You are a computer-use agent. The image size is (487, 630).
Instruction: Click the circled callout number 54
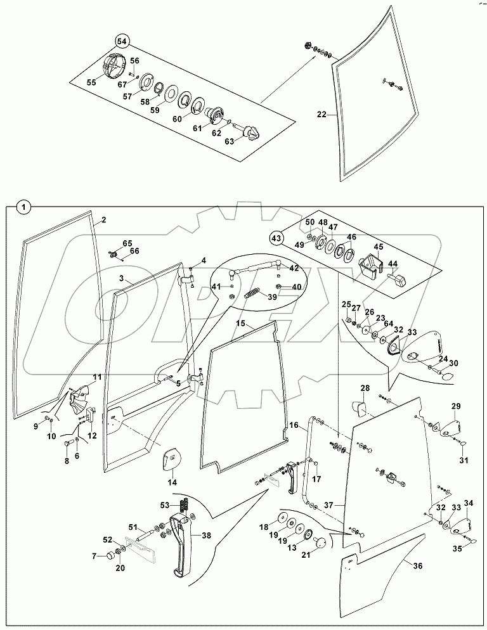[x=122, y=41]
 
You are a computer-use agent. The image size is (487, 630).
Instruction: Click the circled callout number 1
[x=23, y=207]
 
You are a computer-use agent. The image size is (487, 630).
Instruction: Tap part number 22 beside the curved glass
[x=322, y=115]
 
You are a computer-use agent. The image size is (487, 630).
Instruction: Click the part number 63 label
[x=230, y=141]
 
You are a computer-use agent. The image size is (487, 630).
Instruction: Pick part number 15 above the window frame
[x=241, y=324]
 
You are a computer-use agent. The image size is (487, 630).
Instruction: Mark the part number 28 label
[x=365, y=388]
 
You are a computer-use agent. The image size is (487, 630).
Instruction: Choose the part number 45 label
[x=378, y=247]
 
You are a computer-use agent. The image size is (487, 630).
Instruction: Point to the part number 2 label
[x=103, y=220]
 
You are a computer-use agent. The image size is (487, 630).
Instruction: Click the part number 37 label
[x=329, y=505]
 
